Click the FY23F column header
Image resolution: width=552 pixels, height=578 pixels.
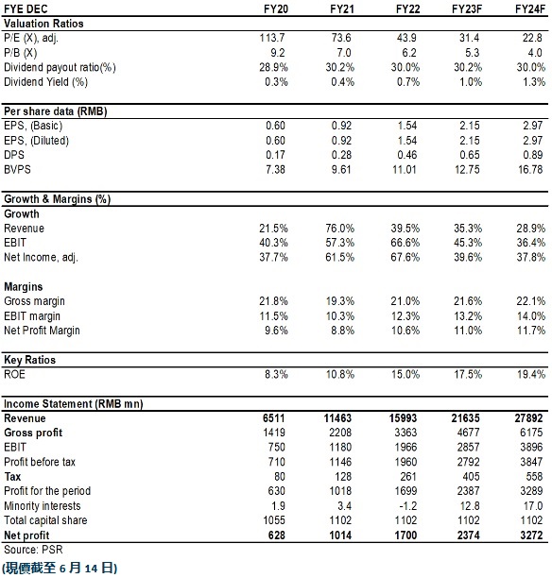(467, 8)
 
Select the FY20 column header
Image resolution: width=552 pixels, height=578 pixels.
(276, 8)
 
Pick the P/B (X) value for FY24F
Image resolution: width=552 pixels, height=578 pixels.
(535, 52)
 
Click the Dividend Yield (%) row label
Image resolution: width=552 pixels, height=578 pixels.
(45, 81)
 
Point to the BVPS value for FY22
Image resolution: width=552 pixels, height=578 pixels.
(405, 170)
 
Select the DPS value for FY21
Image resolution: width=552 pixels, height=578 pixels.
(341, 155)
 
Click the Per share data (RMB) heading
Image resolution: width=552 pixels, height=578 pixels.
(56, 110)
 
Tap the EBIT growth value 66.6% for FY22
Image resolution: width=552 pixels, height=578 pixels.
(405, 243)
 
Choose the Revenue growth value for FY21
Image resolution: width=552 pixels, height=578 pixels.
(340, 229)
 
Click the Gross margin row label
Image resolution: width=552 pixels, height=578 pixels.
(34, 301)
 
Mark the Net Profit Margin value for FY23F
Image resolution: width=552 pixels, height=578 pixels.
(468, 331)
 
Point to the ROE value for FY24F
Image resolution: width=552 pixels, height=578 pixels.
(531, 375)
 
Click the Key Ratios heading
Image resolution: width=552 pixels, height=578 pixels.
(29, 360)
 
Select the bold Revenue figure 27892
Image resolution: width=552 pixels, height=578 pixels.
(528, 418)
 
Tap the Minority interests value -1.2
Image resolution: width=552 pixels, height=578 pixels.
(407, 506)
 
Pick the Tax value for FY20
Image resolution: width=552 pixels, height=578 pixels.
(280, 477)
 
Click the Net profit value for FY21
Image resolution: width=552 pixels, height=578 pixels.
(340, 535)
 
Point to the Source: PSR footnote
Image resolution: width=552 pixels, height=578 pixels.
(33, 550)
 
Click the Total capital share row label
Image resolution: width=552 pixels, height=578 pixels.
(45, 520)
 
